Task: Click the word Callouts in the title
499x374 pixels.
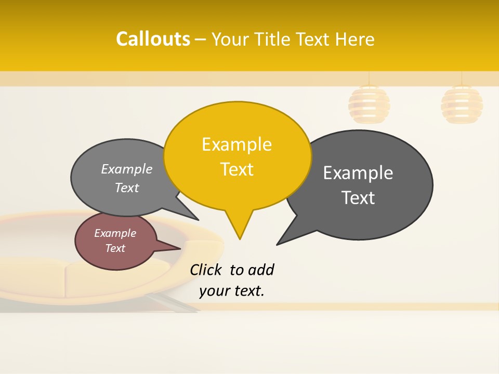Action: [153, 39]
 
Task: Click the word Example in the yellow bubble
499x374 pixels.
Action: [237, 144]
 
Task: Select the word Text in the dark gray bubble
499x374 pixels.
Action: [358, 198]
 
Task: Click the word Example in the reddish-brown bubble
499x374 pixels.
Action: [115, 233]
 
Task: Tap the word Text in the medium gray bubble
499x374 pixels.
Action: [127, 188]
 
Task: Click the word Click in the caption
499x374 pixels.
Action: [205, 270]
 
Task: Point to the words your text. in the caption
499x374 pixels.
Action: [232, 291]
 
